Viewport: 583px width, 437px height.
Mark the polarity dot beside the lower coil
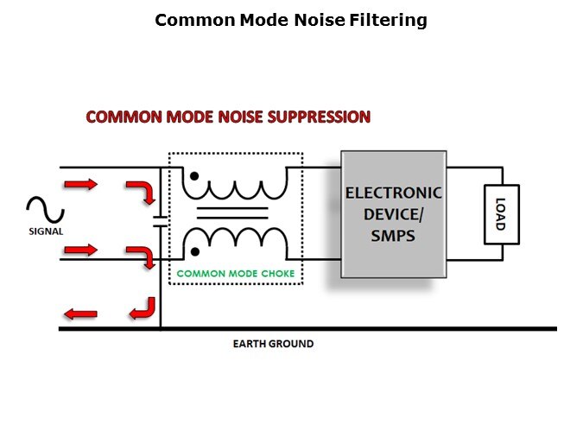pos(196,251)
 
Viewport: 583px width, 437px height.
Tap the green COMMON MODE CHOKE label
pos(235,275)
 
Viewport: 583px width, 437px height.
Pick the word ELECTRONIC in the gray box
pos(393,193)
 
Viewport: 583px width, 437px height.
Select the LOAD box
pos(501,214)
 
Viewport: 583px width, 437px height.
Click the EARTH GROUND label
pos(273,344)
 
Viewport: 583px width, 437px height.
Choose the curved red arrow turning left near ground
pos(143,307)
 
